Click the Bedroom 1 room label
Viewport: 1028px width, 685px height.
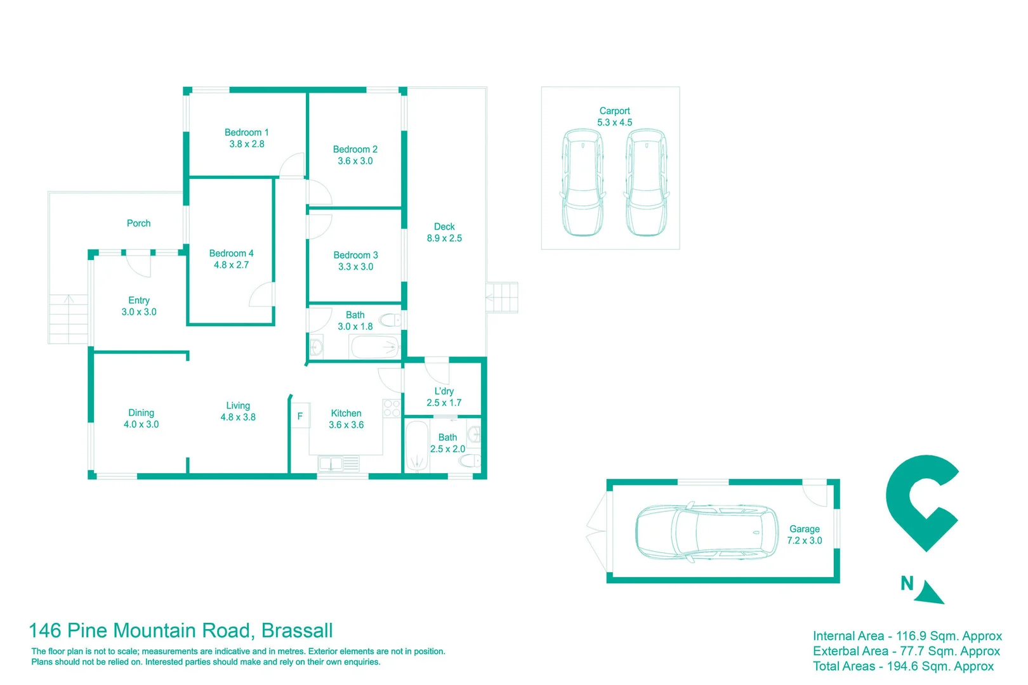[x=246, y=133]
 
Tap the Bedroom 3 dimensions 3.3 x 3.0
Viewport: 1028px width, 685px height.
[x=355, y=267]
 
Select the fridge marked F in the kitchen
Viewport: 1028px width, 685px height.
[x=300, y=416]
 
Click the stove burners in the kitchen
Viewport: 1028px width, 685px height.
[x=392, y=408]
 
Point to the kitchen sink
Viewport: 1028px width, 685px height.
[x=331, y=464]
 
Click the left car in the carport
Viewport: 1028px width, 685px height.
[x=583, y=182]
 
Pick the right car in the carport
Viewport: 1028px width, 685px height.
[x=646, y=182]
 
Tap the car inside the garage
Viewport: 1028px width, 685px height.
[x=706, y=532]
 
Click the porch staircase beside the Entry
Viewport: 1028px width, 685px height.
[x=69, y=319]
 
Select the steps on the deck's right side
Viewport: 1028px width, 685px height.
[x=502, y=297]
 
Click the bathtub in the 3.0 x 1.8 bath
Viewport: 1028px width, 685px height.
[x=375, y=348]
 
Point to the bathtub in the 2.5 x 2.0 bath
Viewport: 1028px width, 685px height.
[x=417, y=447]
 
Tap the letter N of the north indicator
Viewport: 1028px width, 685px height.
[x=907, y=584]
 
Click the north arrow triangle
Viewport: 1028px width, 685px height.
[x=931, y=593]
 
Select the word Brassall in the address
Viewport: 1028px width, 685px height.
[x=297, y=630]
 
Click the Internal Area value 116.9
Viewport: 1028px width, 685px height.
[x=911, y=636]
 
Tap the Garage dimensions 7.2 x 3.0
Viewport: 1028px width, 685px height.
[x=804, y=541]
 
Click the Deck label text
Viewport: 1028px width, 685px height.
[x=444, y=226]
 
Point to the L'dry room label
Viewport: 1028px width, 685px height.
[x=444, y=391]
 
